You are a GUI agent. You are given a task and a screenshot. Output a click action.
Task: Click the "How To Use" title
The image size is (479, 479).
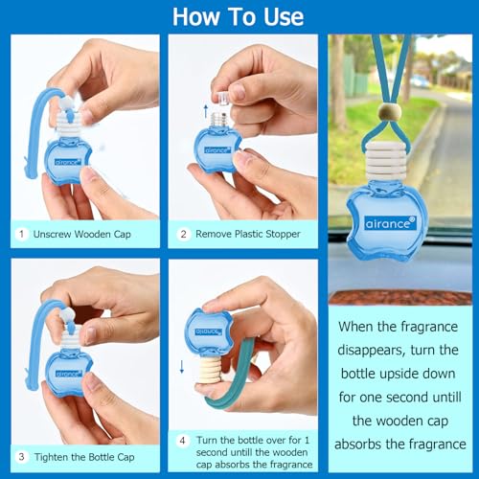tap(238, 17)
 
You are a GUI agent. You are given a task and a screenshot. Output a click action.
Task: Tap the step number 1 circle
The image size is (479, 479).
tap(22, 234)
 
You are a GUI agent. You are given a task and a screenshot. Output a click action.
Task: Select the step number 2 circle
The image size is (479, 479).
tap(183, 234)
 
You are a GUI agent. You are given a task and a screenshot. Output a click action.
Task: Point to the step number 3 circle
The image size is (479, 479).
tap(22, 457)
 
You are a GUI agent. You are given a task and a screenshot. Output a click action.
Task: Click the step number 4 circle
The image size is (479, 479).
tap(182, 441)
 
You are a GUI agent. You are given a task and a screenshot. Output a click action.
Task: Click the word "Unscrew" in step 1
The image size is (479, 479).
tap(53, 234)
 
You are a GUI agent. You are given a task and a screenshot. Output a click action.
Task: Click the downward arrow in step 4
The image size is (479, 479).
tap(182, 367)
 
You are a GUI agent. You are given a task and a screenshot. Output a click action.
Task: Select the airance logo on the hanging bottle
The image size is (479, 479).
tap(390, 223)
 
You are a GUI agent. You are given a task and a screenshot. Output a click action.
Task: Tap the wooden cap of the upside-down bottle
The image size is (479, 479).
tap(210, 371)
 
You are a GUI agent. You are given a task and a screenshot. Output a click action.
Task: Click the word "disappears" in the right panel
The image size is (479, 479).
tap(369, 351)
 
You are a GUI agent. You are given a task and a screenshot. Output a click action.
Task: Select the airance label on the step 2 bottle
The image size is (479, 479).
tap(217, 150)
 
